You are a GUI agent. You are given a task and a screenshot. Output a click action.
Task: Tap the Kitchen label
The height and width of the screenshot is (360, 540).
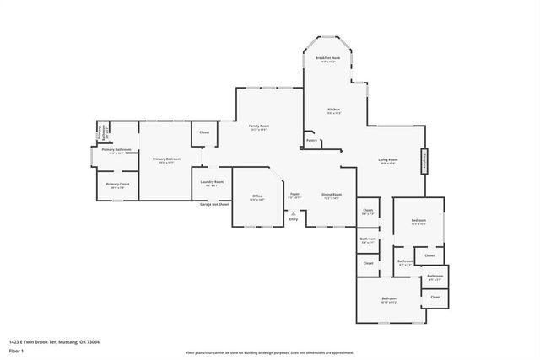point(333,110)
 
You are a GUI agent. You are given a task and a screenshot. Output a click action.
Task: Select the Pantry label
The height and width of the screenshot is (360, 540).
point(311,141)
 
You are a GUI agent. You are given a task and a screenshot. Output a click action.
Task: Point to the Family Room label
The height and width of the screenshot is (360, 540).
point(258,126)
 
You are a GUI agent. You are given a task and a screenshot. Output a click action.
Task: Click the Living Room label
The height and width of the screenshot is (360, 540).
point(388,159)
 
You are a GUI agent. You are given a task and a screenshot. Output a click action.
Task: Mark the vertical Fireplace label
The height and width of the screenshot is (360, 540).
point(424,160)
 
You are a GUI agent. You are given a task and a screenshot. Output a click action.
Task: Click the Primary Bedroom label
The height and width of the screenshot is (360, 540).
point(166,159)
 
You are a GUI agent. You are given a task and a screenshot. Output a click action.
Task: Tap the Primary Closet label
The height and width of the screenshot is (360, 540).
point(117,184)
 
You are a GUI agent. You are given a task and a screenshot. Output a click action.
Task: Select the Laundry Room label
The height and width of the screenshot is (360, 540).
point(212,182)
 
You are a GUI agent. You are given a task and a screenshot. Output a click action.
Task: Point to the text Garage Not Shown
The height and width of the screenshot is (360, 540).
point(214,204)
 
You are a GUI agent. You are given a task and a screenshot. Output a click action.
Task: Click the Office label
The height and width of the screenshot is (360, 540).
point(257,196)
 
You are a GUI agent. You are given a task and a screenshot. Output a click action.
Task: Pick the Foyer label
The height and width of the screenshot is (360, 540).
point(294,194)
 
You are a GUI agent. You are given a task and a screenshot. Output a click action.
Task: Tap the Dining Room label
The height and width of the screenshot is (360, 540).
point(332,194)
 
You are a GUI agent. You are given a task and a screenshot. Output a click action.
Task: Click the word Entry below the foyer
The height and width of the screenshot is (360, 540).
point(294,219)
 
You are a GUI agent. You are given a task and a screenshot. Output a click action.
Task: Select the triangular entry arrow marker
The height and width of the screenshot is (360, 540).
point(294,213)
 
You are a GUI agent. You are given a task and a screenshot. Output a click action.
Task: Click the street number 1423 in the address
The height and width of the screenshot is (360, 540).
point(13,341)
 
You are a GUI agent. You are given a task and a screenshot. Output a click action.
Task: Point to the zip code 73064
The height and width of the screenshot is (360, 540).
point(92,341)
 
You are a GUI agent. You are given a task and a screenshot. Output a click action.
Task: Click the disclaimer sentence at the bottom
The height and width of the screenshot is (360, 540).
point(269,350)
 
